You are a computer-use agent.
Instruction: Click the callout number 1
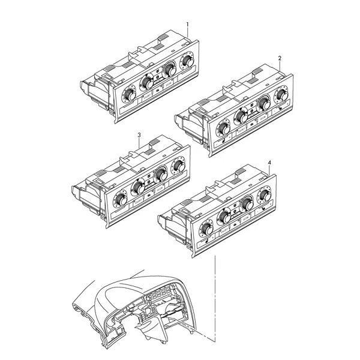187,25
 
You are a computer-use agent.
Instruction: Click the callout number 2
280,58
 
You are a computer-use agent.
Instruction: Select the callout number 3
139,135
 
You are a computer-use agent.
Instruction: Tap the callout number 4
269,163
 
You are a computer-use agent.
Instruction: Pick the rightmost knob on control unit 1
188,59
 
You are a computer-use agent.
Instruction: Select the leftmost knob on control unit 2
223,128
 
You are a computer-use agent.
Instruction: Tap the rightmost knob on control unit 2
282,94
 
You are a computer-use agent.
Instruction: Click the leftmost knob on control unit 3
121,199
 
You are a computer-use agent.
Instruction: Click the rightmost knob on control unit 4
265,194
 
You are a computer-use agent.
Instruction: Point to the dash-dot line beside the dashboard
215,298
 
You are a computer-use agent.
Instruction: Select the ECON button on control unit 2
263,118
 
